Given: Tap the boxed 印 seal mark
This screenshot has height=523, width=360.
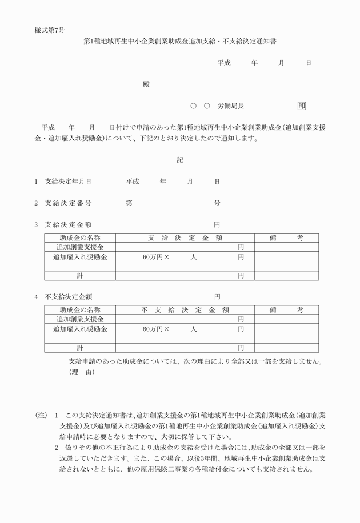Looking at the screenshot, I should point(301,106).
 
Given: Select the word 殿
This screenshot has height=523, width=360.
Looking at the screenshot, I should point(146,85).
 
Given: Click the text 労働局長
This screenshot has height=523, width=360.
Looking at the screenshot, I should point(231,106).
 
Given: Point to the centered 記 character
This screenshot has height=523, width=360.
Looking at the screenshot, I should point(179,160).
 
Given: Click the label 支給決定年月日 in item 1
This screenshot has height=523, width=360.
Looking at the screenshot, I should point(68,181).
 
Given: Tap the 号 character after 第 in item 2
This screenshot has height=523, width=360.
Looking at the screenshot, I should point(217,203).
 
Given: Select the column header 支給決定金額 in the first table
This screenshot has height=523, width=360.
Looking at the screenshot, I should point(184,238).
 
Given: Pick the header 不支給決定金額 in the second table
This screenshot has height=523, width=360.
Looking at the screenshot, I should point(184,310).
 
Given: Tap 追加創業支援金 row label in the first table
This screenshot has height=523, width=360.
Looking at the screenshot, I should point(80,247).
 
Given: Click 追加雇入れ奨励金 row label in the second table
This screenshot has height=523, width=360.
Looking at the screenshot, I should point(80,329).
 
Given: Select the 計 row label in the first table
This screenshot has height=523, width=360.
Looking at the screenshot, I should point(80,276).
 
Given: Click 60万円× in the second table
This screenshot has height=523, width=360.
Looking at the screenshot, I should point(156,329).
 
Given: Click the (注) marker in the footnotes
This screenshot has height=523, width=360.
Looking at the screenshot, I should point(41,415).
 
